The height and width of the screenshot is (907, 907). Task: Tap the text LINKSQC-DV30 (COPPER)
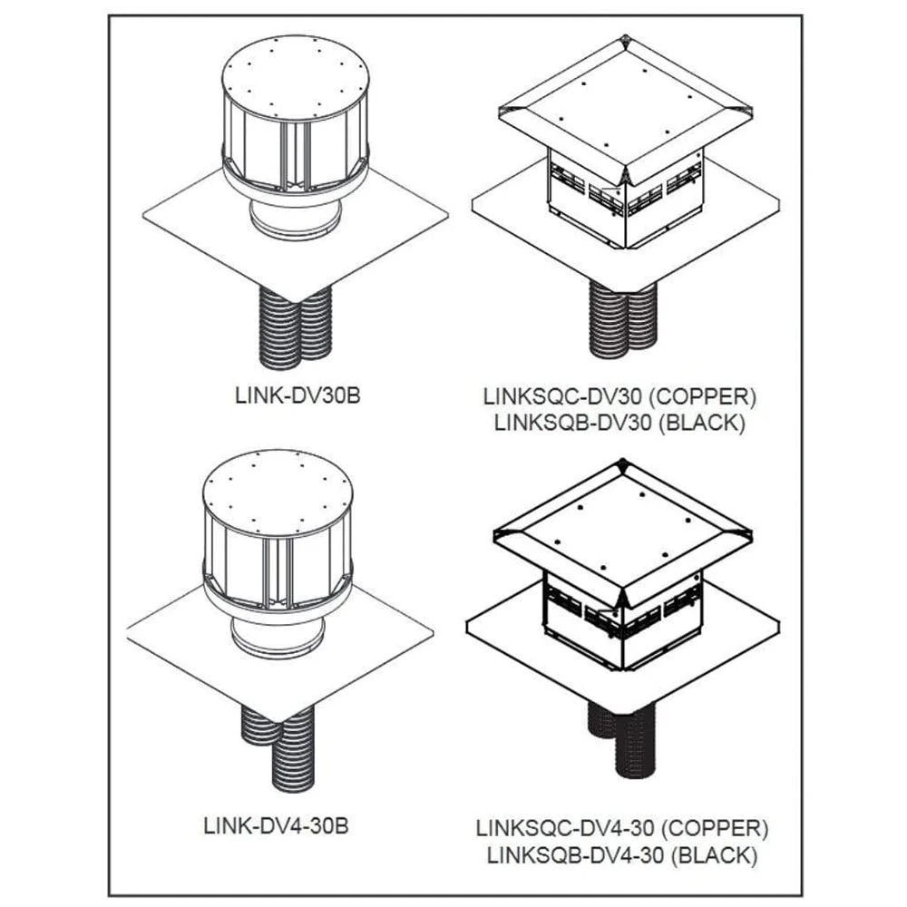[620, 396]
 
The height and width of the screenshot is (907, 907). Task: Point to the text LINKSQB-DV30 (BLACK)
[620, 422]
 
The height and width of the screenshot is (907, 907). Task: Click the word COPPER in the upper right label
[707, 396]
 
